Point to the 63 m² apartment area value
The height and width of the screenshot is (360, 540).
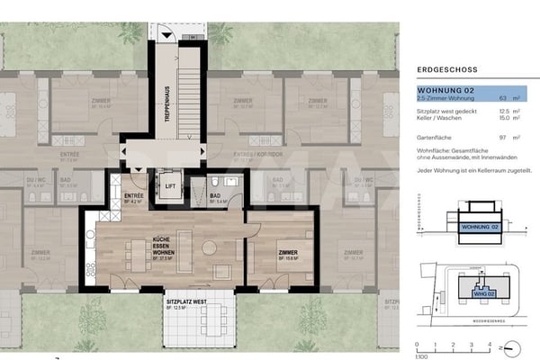(x=517, y=99)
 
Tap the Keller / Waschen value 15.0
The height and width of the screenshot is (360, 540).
(x=516, y=119)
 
